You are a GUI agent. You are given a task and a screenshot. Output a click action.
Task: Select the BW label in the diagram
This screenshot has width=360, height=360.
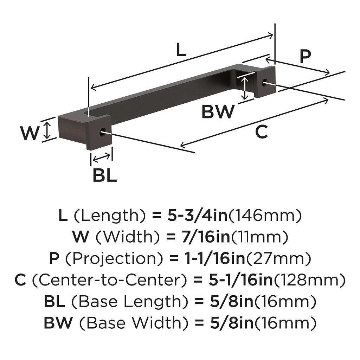point(218,112)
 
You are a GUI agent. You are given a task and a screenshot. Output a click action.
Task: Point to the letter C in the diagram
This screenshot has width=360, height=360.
point(262,132)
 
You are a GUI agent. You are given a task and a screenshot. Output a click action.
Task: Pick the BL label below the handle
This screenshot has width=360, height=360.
point(104,175)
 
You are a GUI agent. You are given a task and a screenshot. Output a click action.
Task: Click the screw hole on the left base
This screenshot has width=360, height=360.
point(103,133)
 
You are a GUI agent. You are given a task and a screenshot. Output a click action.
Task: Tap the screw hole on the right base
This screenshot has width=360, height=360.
point(265,83)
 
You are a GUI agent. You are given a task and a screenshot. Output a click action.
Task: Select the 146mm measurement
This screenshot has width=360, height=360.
point(265,216)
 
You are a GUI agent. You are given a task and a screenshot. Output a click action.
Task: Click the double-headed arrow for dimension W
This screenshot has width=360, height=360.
point(47,130)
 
